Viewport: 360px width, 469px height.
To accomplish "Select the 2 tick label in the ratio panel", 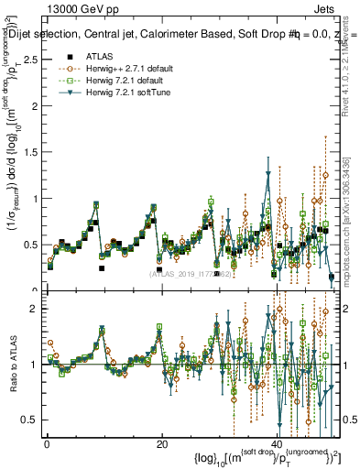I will point(34,309).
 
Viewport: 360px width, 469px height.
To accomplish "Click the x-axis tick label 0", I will point(47,444).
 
